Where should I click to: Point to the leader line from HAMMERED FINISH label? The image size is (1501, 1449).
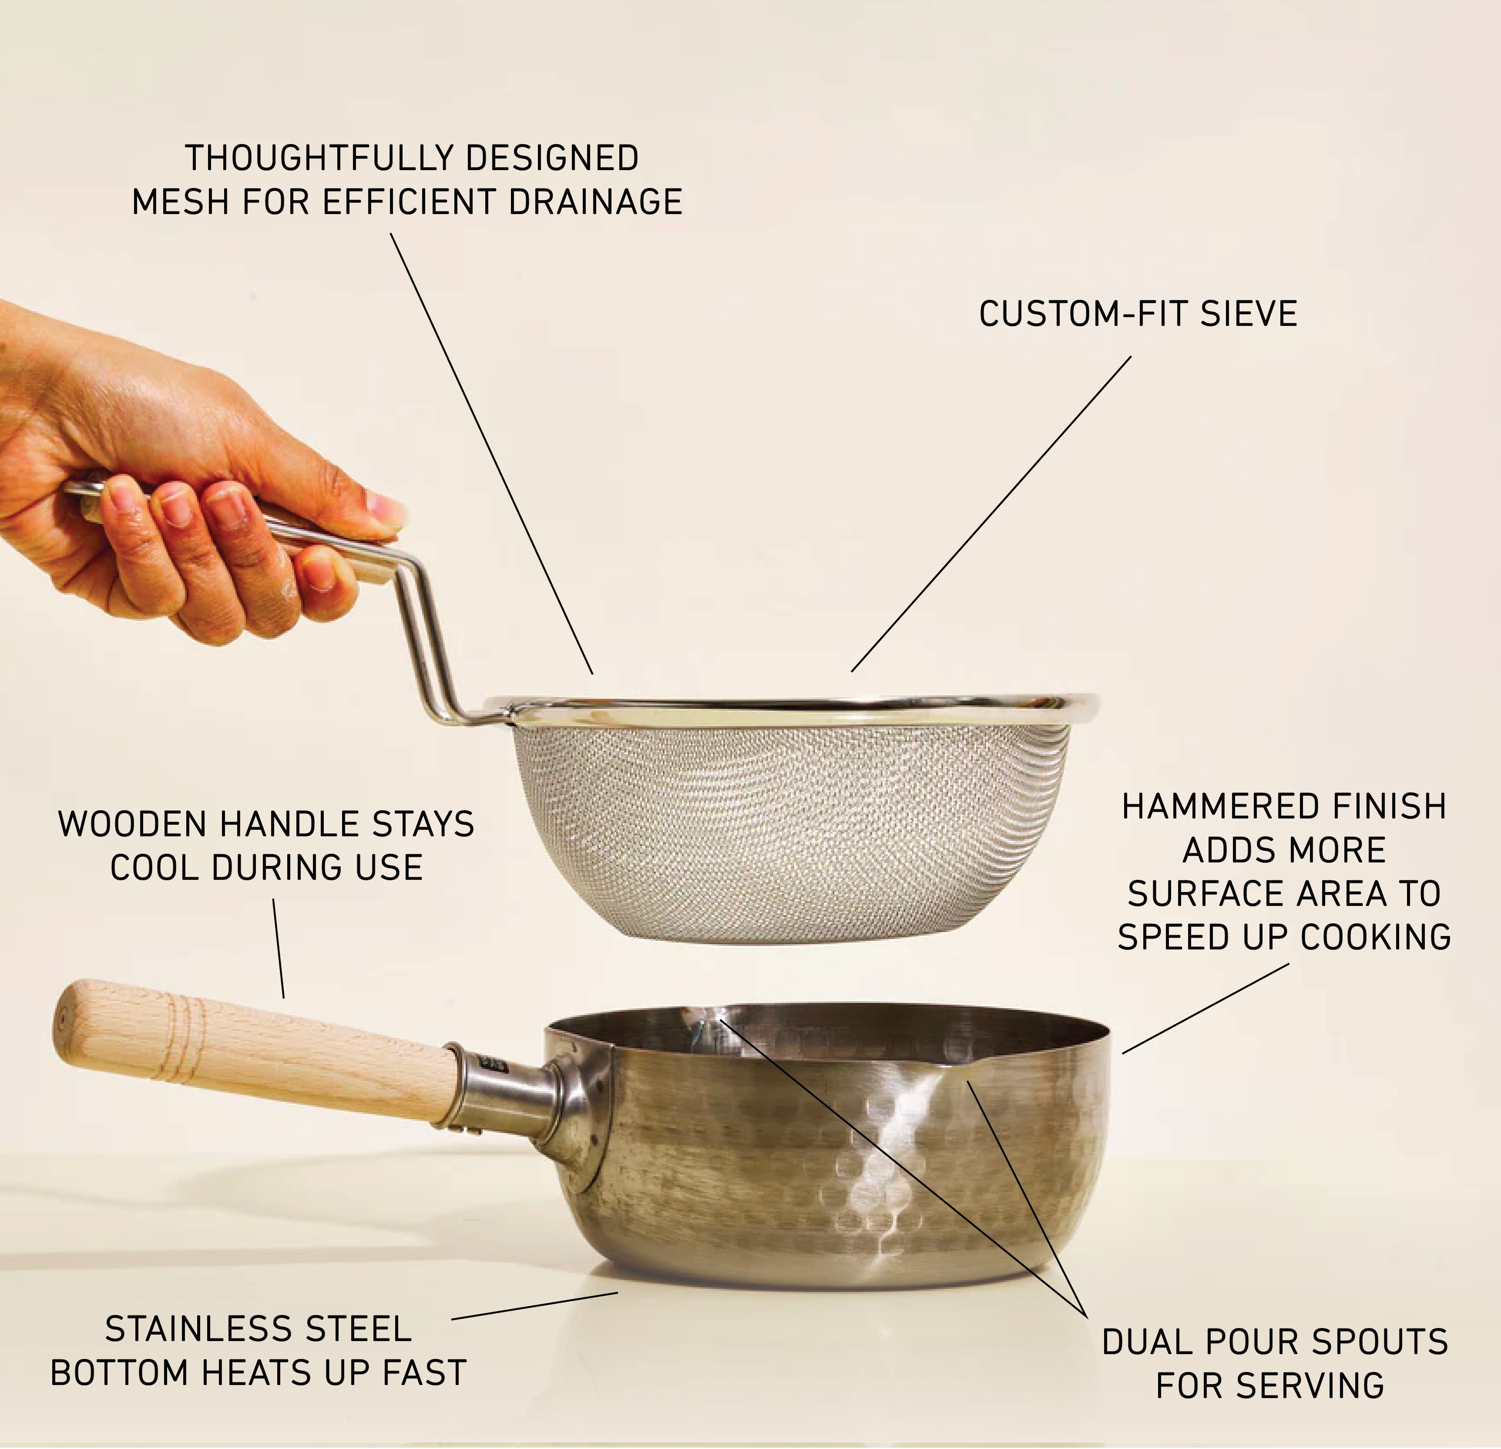[x=1206, y=1008]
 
